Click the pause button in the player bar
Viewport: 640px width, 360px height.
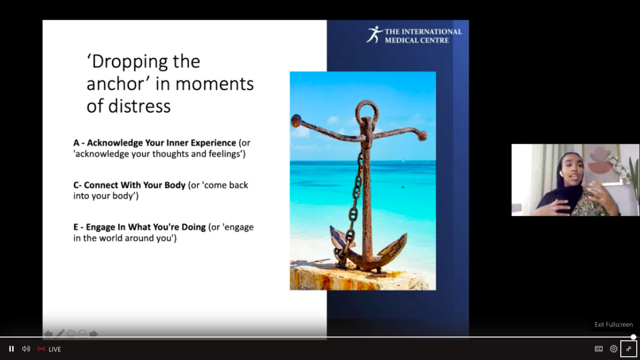[x=11, y=349]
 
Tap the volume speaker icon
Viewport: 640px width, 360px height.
[x=26, y=349]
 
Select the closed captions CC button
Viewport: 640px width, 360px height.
[x=598, y=349]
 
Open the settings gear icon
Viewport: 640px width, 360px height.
[x=613, y=349]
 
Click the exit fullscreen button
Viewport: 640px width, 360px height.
[x=629, y=349]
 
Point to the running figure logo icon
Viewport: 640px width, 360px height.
[x=374, y=35]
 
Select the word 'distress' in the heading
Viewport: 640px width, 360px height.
[x=139, y=106]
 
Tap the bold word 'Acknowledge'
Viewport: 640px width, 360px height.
[x=115, y=142]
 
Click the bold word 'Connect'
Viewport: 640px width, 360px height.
[x=101, y=185]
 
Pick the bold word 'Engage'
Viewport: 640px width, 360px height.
[x=100, y=227]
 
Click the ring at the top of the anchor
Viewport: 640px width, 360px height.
[x=367, y=111]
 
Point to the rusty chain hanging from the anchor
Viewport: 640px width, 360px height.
[x=354, y=206]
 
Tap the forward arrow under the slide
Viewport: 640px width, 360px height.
[x=93, y=334]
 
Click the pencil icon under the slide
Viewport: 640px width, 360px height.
[x=60, y=334]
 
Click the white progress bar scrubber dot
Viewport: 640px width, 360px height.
[x=634, y=337]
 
